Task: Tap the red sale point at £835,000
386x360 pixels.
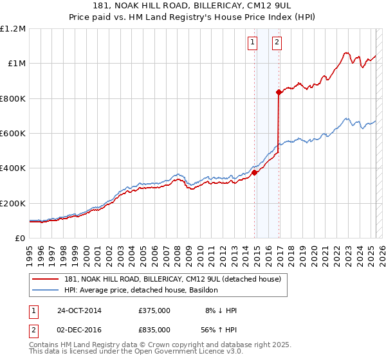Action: [279, 93]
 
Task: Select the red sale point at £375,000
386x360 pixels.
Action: [255, 172]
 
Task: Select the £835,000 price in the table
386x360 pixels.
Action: [154, 329]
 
